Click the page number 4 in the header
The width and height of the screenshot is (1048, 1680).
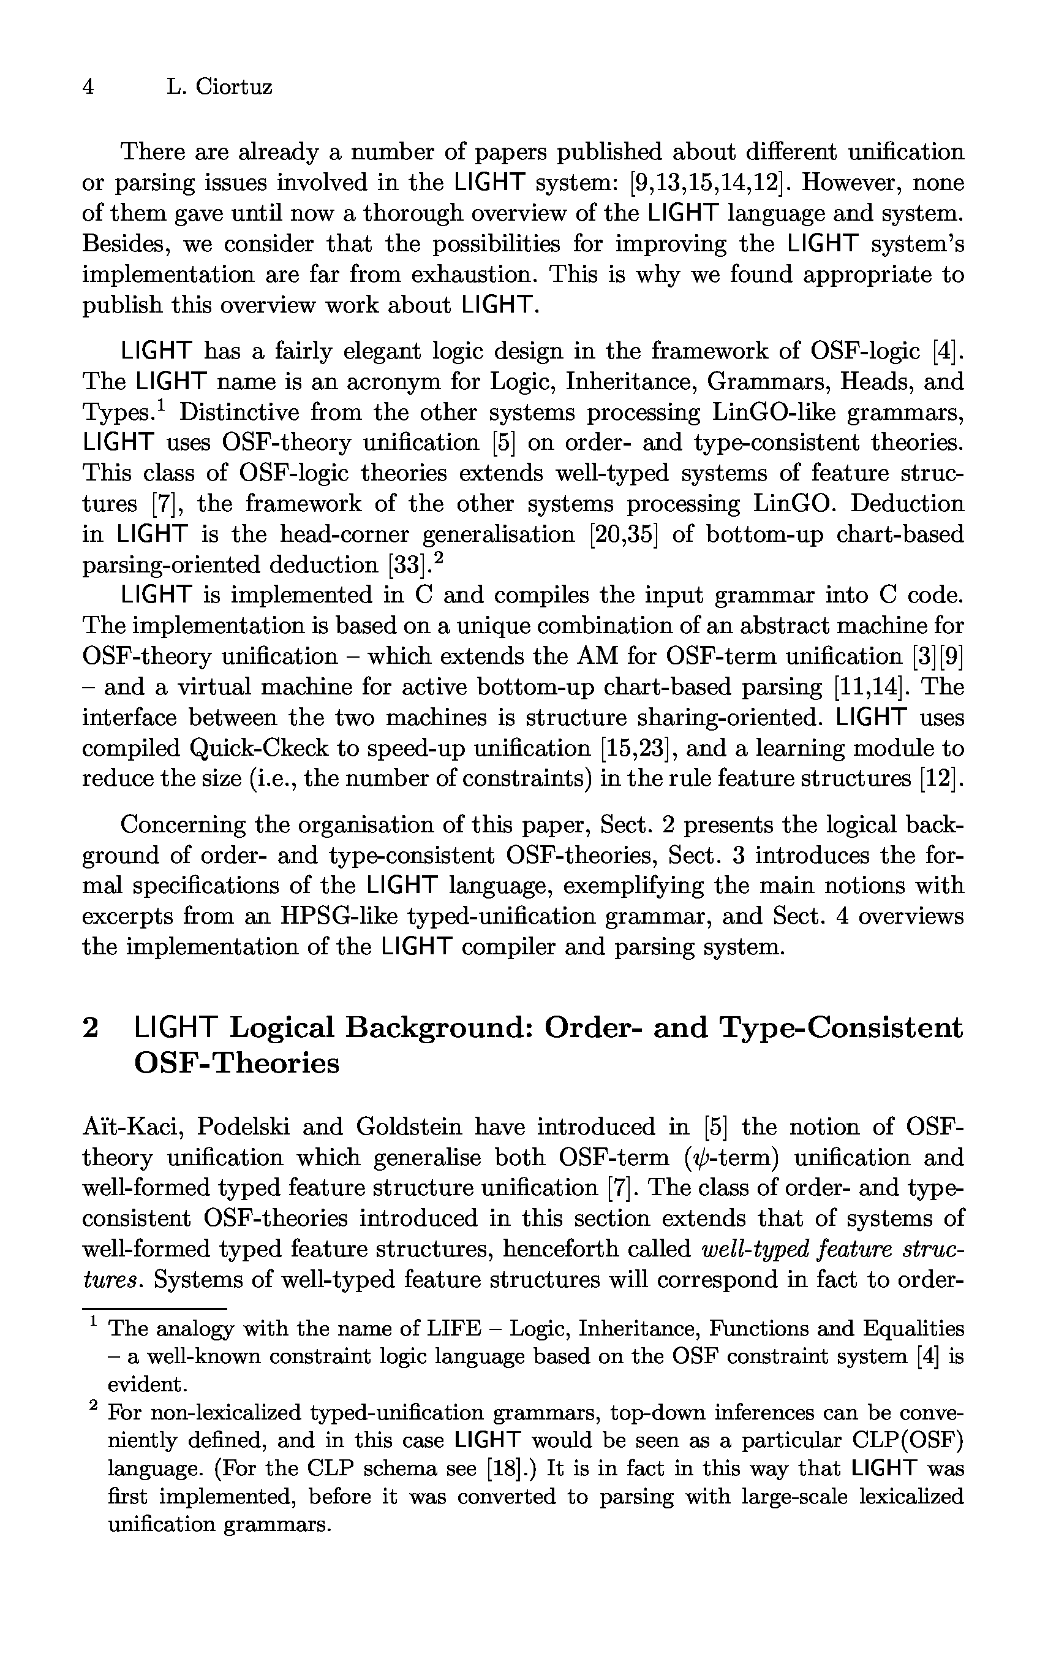(x=88, y=86)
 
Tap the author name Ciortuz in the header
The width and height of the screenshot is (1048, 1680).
(x=233, y=86)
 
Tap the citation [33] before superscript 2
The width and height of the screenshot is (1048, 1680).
(x=405, y=566)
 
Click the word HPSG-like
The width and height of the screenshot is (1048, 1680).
(x=338, y=917)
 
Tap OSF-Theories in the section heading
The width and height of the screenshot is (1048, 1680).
(x=236, y=1063)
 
